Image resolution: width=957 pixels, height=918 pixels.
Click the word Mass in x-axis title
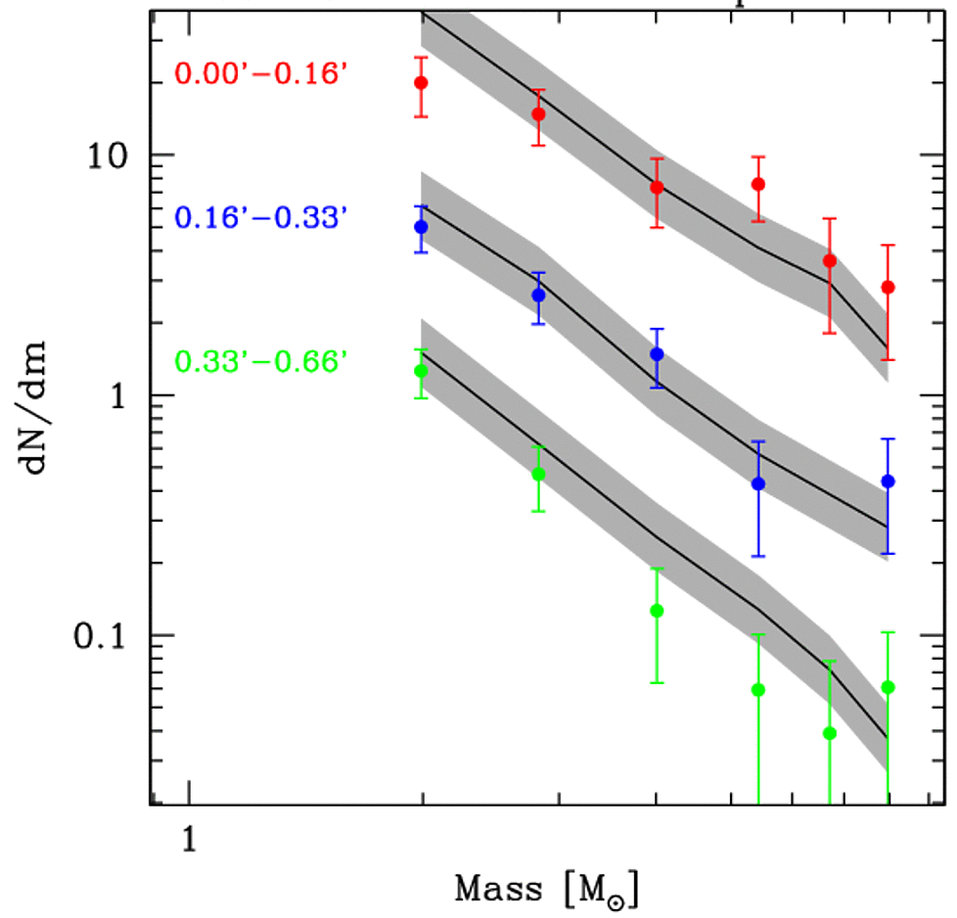coord(498,889)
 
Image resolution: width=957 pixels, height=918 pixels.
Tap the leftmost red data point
coord(422,82)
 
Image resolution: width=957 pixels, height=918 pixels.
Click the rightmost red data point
coord(888,287)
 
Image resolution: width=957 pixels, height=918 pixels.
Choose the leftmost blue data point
coord(422,226)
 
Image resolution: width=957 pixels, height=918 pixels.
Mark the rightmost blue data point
coord(888,481)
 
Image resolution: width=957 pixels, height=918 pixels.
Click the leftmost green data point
coord(422,370)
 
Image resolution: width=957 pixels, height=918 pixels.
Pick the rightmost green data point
coord(888,686)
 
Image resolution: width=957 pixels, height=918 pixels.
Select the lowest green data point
coord(830,733)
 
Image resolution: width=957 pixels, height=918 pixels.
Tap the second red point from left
coord(538,114)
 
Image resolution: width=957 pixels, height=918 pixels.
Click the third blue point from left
coord(658,353)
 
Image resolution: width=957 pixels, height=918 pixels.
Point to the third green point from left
coord(658,611)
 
